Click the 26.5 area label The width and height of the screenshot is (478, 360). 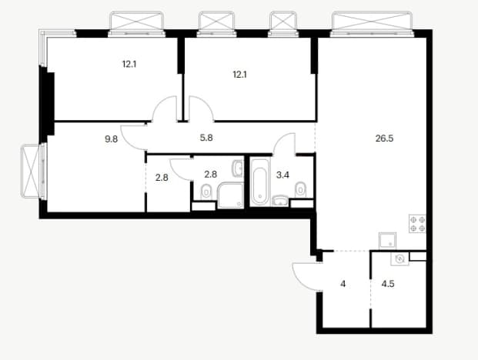[384, 138]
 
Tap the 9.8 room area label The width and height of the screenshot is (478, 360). [111, 139]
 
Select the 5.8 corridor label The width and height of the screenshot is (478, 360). [206, 138]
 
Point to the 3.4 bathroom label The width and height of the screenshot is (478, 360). [282, 175]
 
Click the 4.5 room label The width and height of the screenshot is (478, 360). [388, 284]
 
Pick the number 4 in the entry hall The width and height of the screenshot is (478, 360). [343, 284]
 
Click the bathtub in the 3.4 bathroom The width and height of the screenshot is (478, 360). [260, 182]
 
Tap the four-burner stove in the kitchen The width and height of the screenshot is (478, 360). [417, 224]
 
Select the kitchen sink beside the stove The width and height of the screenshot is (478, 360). [387, 241]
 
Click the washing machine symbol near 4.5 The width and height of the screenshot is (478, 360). [399, 259]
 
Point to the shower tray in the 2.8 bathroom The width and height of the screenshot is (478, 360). [230, 195]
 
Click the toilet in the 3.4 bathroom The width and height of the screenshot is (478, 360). [301, 190]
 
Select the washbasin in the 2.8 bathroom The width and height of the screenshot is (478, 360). [238, 168]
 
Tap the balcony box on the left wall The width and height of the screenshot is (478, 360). [30, 172]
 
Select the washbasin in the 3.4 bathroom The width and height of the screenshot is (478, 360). [280, 201]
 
